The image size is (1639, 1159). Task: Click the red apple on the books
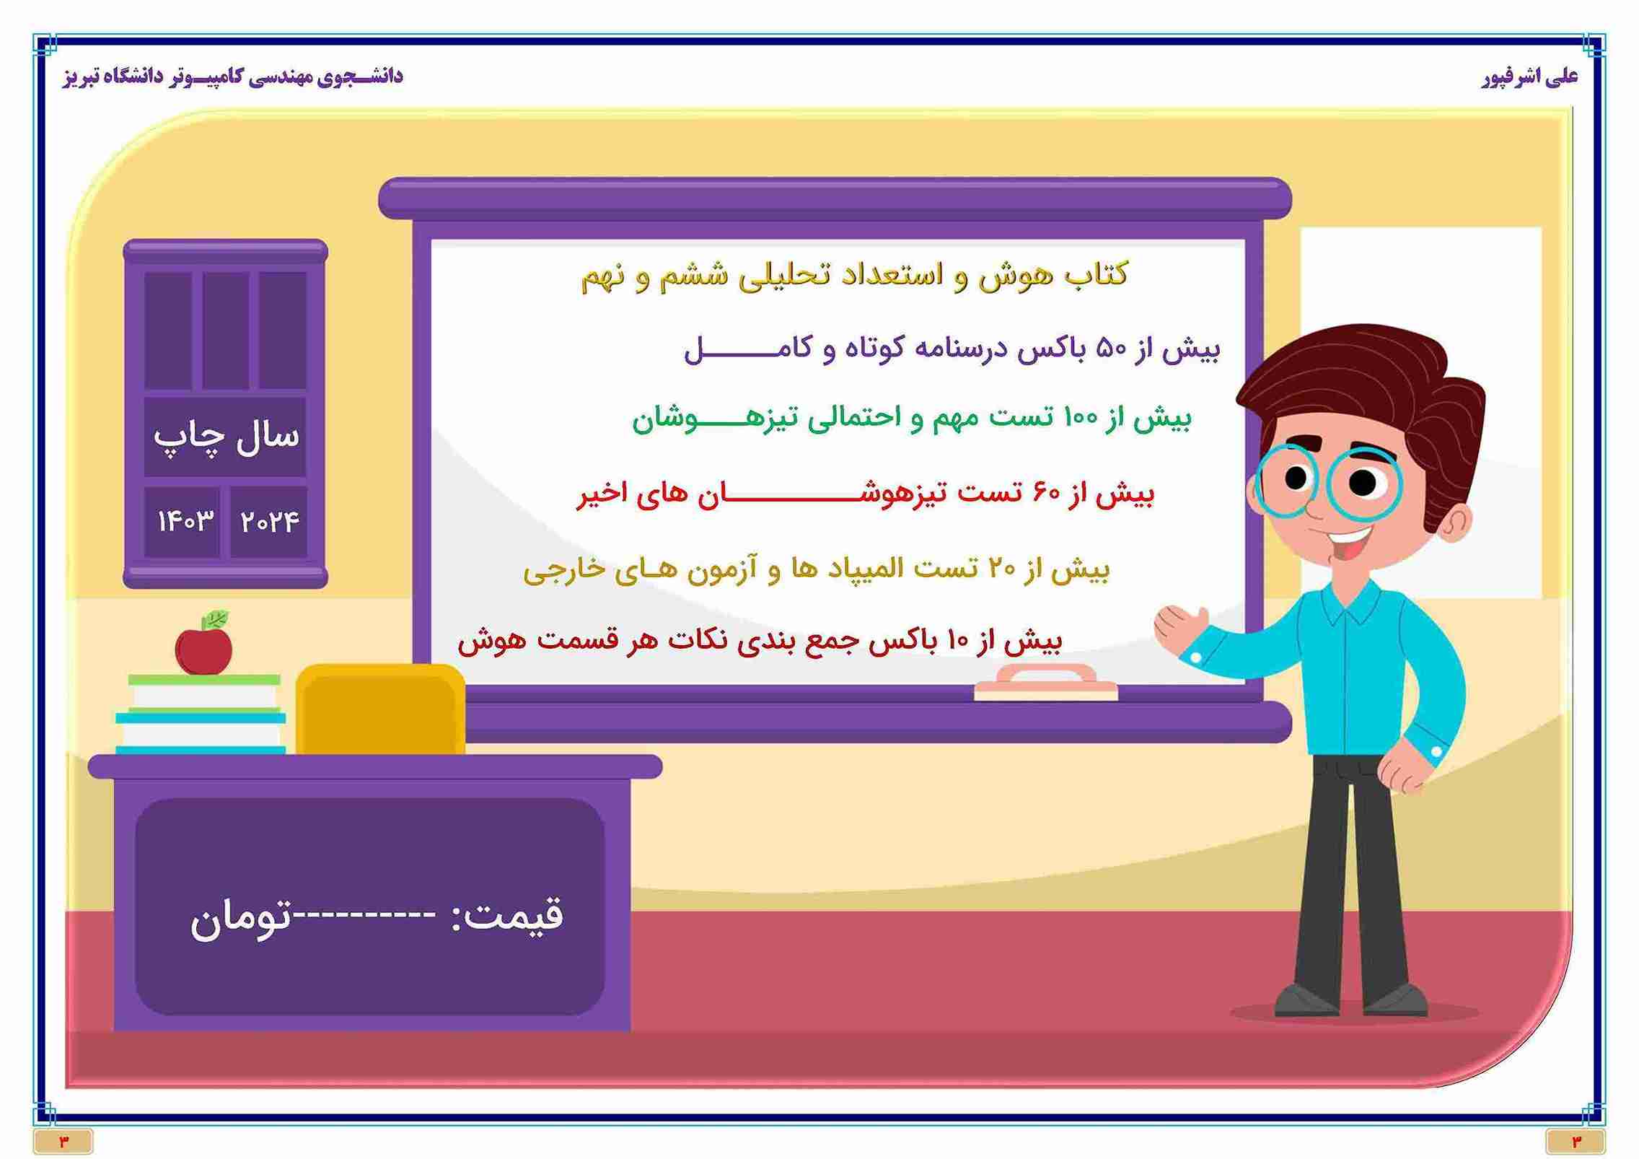[x=203, y=650]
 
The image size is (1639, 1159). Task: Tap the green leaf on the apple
[x=216, y=619]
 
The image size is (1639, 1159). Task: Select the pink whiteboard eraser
[x=1045, y=683]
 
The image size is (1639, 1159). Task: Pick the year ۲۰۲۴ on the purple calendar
[x=270, y=521]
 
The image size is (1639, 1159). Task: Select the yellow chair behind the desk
[x=380, y=709]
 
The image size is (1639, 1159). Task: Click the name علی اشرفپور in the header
[x=1527, y=76]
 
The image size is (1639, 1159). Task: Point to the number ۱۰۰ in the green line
[x=1081, y=418]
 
